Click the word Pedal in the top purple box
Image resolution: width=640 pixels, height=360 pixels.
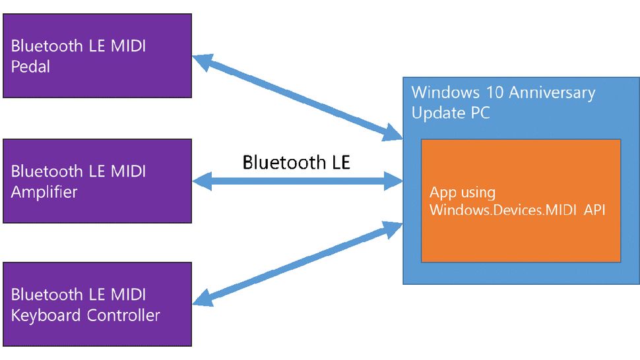(x=30, y=67)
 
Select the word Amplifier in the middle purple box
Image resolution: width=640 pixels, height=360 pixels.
(x=44, y=192)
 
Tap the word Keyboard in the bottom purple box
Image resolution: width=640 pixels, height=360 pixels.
(x=45, y=315)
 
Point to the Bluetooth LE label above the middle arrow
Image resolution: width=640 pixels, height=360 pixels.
(x=296, y=162)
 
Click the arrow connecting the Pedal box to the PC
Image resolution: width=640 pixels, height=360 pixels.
(x=297, y=98)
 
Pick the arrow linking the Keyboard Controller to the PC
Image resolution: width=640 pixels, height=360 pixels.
(x=297, y=264)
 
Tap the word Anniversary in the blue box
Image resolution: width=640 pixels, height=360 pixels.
(x=547, y=93)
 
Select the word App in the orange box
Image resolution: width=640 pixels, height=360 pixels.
(x=443, y=193)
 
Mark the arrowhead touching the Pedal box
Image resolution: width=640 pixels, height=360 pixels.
(x=201, y=61)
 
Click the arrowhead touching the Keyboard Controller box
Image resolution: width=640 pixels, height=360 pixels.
(x=202, y=300)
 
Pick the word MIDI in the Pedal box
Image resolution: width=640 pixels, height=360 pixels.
(x=125, y=47)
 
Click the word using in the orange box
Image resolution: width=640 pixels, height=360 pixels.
(x=478, y=193)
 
